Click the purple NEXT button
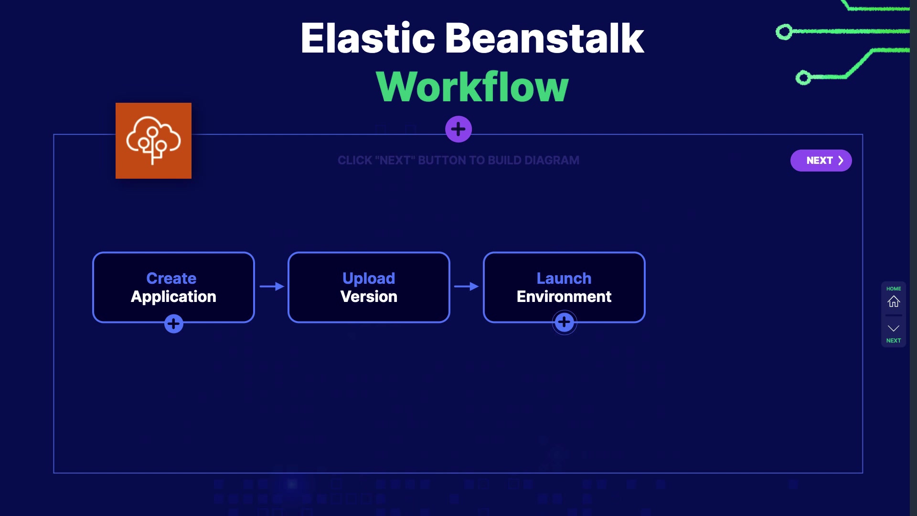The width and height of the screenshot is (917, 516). click(x=821, y=161)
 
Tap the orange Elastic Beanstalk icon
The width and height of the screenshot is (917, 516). click(x=153, y=140)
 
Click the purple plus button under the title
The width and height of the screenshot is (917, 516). click(x=458, y=129)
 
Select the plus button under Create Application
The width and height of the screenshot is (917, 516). click(x=174, y=324)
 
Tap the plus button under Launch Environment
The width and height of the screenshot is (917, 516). click(x=565, y=322)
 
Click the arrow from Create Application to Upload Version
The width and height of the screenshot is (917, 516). click(x=272, y=286)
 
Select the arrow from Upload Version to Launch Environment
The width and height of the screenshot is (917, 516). click(x=467, y=286)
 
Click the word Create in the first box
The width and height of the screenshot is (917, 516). click(x=171, y=278)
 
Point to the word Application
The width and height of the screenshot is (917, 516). click(x=173, y=297)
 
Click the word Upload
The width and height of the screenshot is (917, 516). click(x=369, y=278)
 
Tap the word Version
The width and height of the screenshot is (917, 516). click(x=369, y=297)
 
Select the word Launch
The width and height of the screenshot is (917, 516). click(x=564, y=278)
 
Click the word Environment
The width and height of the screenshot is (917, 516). click(x=564, y=297)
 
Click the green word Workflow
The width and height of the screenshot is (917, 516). click(x=472, y=86)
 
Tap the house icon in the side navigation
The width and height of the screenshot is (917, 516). click(x=894, y=301)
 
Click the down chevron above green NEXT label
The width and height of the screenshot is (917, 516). click(x=894, y=328)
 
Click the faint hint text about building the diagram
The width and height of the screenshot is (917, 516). click(x=458, y=161)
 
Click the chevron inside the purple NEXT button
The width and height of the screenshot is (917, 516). click(x=841, y=161)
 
